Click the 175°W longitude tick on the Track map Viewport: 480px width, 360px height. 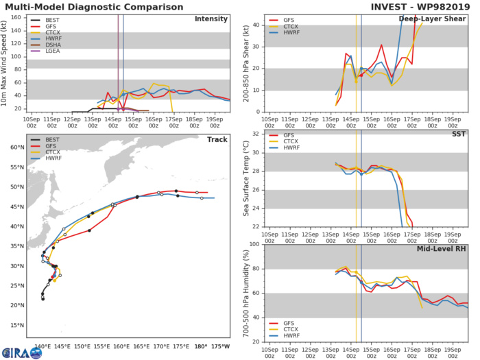point(220,346)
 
